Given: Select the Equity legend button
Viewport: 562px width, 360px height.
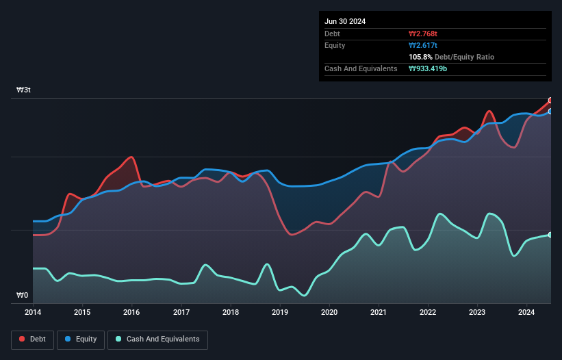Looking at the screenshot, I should pos(80,339).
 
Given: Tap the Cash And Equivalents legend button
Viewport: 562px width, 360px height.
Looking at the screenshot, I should pos(157,339).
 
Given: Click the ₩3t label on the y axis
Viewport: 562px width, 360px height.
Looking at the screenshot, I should pos(23,90).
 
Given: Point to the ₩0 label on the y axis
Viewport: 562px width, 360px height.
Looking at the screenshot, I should pos(23,296).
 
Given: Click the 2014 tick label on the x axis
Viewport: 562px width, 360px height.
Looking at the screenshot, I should pos(32,313).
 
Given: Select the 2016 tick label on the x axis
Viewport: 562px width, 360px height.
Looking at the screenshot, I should pos(131,313).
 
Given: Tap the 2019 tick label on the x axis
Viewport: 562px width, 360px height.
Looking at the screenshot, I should pos(280,313).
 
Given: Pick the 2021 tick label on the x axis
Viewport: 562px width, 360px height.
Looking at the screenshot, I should pos(379,313).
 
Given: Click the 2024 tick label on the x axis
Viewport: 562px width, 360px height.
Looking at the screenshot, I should pos(527,313).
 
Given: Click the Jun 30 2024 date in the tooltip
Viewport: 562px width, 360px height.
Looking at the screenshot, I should pos(345,21).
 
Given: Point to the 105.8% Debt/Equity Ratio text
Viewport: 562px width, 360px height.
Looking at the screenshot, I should pos(451,57).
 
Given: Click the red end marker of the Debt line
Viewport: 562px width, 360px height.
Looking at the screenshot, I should pos(550,101).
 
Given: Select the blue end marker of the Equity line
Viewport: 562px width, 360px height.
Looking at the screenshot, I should pos(550,111).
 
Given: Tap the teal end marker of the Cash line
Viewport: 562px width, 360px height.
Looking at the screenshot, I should pos(550,235).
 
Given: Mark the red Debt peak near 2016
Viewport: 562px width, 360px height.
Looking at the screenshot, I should pos(131,157).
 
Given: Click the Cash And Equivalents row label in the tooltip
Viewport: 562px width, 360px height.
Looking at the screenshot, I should pos(361,69).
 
